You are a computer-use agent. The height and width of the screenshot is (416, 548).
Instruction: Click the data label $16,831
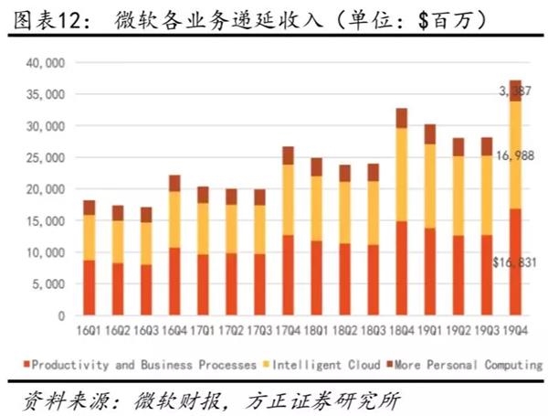517,263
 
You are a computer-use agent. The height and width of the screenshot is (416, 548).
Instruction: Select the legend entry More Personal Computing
463,365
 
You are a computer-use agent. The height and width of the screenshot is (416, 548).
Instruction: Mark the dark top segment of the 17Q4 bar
287,155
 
